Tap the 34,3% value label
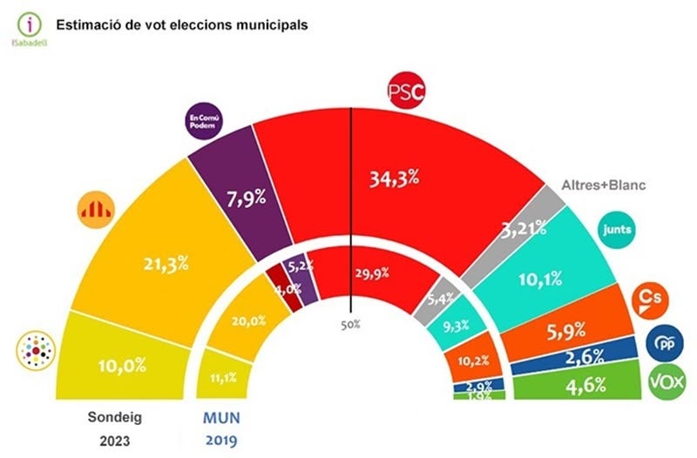tap(396, 179)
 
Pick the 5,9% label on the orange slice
tap(579, 331)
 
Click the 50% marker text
tap(350, 325)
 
